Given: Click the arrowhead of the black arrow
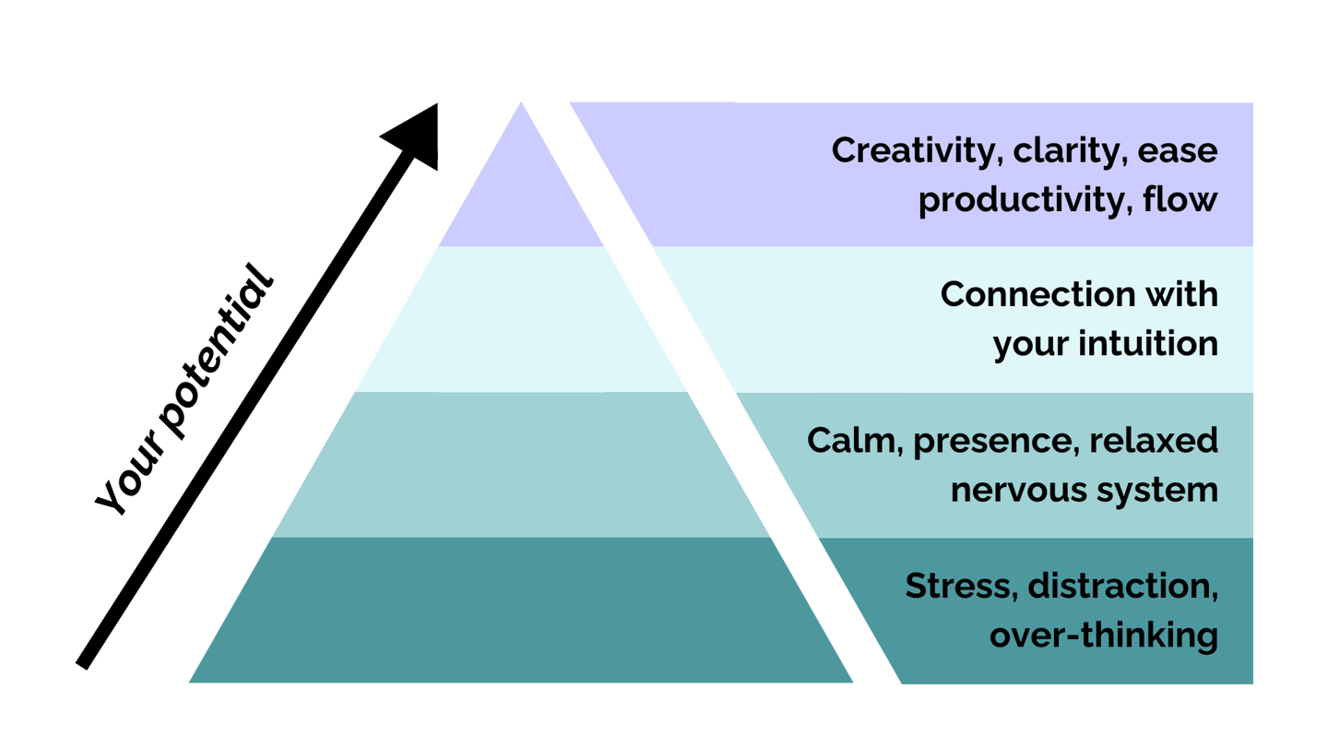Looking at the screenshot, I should [413, 137].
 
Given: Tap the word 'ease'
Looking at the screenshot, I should [1178, 151].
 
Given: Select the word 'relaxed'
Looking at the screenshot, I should [1154, 441].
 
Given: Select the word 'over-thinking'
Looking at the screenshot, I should [1104, 635].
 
